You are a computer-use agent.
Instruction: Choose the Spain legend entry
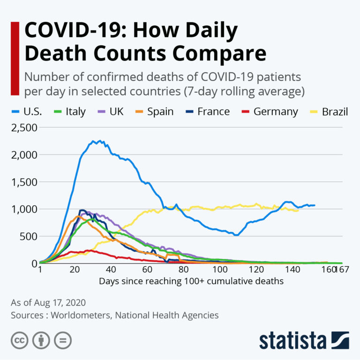155,111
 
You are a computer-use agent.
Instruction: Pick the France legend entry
207,111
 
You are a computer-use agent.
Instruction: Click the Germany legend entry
270,111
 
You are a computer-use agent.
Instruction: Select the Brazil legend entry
329,111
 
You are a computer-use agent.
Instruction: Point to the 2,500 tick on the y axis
23,127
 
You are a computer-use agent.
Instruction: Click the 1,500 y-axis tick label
23,182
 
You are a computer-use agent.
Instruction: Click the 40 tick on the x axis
111,271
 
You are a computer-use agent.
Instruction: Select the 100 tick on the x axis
219,271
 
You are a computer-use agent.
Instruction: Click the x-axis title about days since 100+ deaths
191,281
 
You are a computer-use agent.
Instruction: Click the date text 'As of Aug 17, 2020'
48,302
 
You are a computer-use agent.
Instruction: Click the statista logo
304,340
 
